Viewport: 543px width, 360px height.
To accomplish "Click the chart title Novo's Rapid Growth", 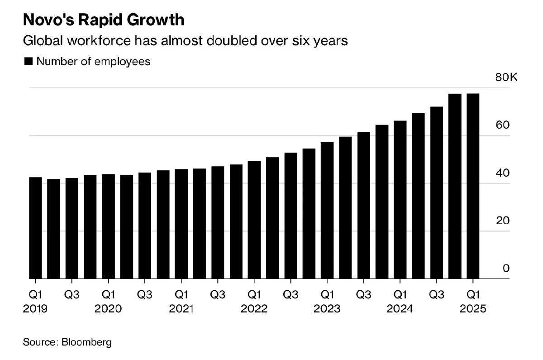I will (104, 20).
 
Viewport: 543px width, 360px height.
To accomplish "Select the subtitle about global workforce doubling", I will (185, 41).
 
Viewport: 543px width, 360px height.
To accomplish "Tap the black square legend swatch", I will (28, 62).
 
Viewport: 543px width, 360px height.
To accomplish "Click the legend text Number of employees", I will (93, 62).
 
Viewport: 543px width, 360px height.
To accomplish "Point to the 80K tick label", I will (505, 78).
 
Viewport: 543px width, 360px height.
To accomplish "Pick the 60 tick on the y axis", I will (503, 125).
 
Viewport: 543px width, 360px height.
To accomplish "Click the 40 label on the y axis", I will (503, 173).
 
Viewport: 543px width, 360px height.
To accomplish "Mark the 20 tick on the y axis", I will (503, 221).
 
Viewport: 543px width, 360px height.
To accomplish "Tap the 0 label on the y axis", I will (506, 269).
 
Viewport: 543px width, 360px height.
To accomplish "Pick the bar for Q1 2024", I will (400, 200).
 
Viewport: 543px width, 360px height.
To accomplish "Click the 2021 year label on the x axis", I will (181, 309).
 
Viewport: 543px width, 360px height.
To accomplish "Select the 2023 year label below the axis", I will (327, 309).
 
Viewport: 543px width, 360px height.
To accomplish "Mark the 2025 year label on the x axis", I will (473, 309).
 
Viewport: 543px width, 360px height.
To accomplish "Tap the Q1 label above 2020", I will (108, 295).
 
